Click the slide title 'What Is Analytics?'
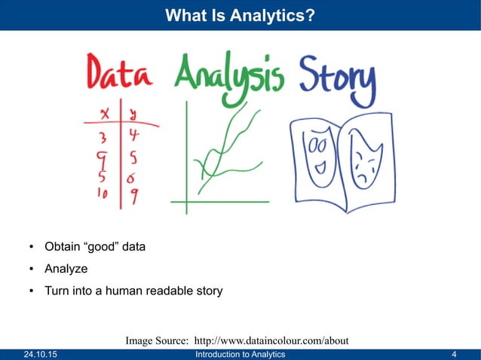240,14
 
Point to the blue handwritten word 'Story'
337,77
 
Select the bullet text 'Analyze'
66,268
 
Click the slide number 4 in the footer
454,354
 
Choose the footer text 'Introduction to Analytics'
240,354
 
